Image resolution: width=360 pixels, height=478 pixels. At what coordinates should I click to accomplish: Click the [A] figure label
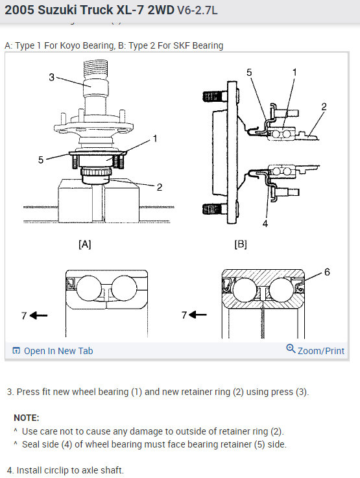tap(85, 244)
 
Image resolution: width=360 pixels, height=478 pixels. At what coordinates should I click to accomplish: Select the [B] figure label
tap(241, 244)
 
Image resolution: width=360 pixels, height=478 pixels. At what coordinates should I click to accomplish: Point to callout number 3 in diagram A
tap(51, 77)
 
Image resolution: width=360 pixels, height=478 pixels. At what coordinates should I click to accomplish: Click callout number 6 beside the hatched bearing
tap(327, 272)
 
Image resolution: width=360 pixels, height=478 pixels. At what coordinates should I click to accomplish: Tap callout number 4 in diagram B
tap(265, 224)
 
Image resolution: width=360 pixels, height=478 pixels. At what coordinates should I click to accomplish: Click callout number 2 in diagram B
tap(324, 106)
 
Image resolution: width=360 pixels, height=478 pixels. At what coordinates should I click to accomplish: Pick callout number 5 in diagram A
tap(41, 160)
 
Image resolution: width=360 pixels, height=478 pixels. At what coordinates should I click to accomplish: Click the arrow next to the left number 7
tap(39, 315)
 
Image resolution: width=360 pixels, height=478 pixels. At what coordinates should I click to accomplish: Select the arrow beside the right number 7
tap(198, 315)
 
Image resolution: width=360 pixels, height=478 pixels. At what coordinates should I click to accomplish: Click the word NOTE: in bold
tap(27, 418)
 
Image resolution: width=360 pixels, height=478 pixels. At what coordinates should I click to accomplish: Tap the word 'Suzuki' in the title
tap(57, 10)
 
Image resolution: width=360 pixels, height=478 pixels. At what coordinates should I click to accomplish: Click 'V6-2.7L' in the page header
tap(197, 10)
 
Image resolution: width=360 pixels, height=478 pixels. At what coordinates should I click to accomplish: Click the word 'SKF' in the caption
tap(182, 45)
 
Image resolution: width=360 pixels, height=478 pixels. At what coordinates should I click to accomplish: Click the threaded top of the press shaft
tap(95, 70)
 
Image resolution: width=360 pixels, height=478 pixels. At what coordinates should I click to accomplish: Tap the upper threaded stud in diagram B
tap(215, 97)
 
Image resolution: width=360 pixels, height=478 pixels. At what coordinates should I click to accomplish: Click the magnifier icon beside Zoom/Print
tap(291, 348)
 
